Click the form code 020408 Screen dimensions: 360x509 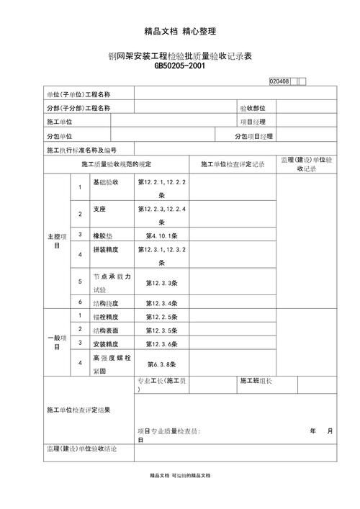tap(279, 81)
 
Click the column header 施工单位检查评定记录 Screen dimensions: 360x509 tap(233, 164)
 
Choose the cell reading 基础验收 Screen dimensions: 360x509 tap(106, 183)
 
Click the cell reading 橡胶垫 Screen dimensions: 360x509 tap(103, 235)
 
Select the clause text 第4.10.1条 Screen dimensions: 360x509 tap(162, 235)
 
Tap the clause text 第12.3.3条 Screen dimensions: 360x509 tap(162, 283)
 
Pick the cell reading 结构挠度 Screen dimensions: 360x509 tap(106, 302)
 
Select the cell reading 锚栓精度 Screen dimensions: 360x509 tap(106, 316)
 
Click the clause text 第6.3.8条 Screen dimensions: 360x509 tap(162, 364)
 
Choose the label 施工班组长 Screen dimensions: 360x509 tap(256, 381)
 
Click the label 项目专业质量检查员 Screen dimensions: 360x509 tap(169, 431)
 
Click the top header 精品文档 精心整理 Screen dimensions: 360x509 tap(180, 31)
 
